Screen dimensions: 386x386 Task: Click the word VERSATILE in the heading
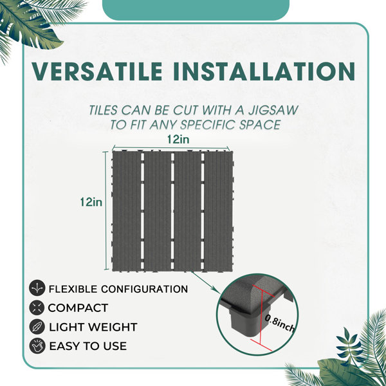pyautogui.click(x=97, y=71)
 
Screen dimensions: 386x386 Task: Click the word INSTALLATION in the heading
pyautogui.click(x=264, y=71)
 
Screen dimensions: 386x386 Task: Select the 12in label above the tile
pyautogui.click(x=178, y=140)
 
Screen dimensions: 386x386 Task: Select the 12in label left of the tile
pyautogui.click(x=91, y=202)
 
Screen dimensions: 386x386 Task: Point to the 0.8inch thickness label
pyautogui.click(x=280, y=324)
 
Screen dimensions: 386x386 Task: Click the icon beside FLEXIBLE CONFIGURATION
pyautogui.click(x=37, y=288)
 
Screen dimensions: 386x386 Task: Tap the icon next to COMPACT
pyautogui.click(x=37, y=308)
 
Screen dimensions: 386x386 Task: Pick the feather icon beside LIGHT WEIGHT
pyautogui.click(x=37, y=327)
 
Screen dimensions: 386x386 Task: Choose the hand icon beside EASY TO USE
pyautogui.click(x=37, y=346)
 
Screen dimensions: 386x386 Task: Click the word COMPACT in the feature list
pyautogui.click(x=78, y=308)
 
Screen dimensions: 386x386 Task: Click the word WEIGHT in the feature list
pyautogui.click(x=113, y=327)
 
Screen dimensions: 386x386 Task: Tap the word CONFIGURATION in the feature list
pyautogui.click(x=145, y=289)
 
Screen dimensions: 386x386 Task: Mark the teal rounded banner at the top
pyautogui.click(x=196, y=10)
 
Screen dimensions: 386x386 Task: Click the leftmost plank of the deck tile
pyautogui.click(x=127, y=211)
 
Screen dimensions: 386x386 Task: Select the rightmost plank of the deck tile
pyautogui.click(x=218, y=211)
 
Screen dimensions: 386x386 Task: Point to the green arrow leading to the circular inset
pyautogui.click(x=206, y=282)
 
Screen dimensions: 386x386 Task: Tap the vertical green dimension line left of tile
pyautogui.click(x=106, y=211)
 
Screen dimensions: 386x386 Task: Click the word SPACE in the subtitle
pyautogui.click(x=260, y=125)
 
